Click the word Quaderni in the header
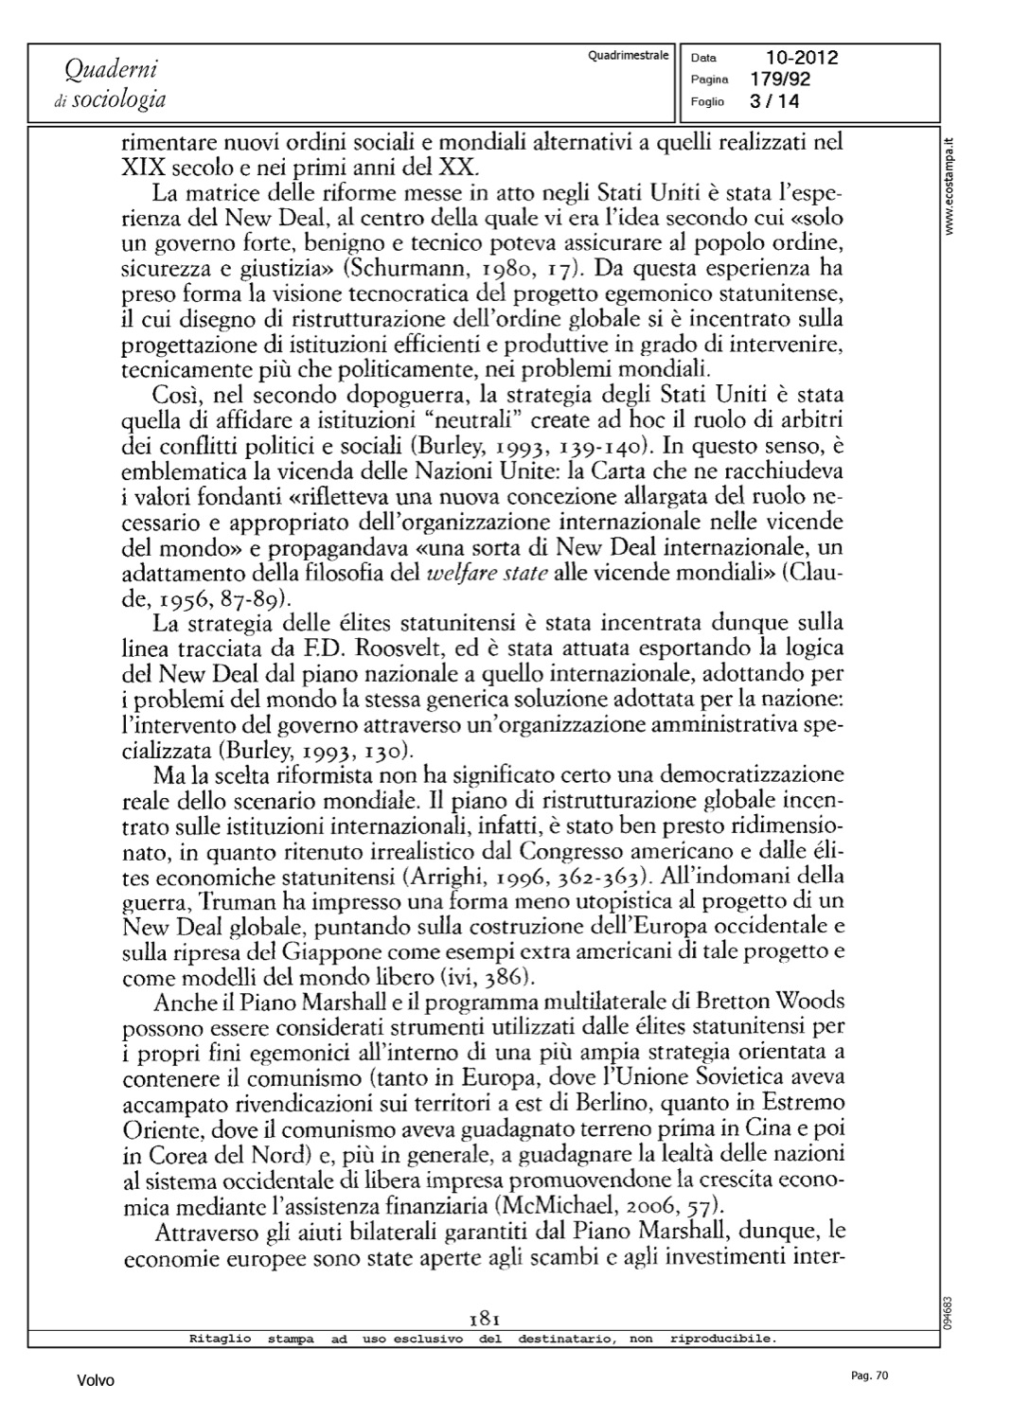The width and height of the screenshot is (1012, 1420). click(111, 69)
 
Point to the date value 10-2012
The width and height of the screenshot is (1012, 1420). click(802, 59)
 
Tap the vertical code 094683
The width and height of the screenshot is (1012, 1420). click(950, 1312)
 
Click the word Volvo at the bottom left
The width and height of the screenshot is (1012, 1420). click(96, 1381)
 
